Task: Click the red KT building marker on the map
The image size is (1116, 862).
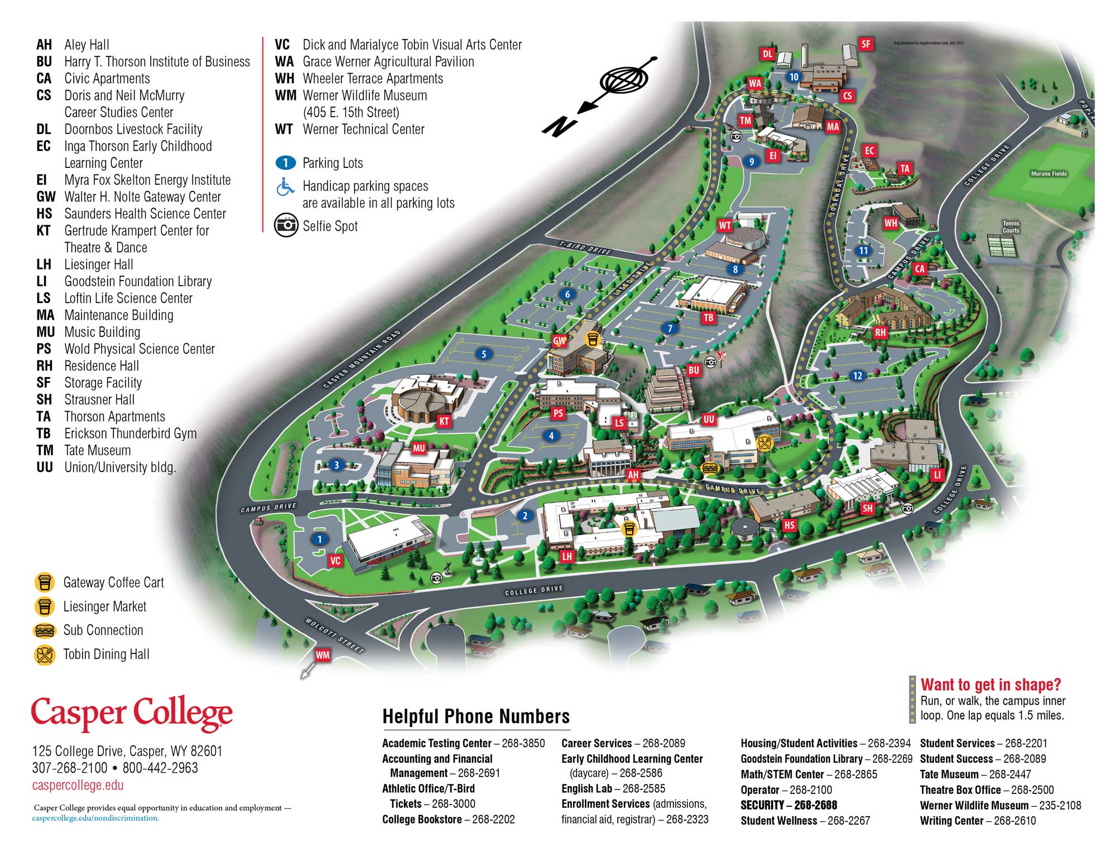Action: tap(444, 421)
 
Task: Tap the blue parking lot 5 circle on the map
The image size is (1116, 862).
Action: tap(484, 354)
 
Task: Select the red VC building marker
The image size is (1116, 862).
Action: tap(335, 560)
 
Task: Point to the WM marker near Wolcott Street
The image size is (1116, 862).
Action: tap(323, 655)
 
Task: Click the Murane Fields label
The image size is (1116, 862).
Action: tap(1048, 174)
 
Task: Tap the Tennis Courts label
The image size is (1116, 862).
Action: tap(1011, 227)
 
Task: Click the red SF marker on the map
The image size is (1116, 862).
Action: tap(865, 44)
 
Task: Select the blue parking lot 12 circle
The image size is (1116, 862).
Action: tap(858, 375)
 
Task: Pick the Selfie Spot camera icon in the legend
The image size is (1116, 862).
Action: tap(286, 225)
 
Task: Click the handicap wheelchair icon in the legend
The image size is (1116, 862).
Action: tap(285, 187)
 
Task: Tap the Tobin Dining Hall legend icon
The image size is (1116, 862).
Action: tap(45, 654)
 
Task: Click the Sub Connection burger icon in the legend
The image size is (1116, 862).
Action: tap(45, 630)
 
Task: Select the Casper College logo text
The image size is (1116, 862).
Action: tap(132, 713)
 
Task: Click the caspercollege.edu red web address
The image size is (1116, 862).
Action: tap(78, 785)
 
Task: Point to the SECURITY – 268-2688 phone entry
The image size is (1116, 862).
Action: tap(788, 805)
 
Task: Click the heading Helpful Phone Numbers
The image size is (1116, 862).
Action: tap(476, 716)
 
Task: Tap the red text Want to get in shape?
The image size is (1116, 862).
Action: tap(990, 685)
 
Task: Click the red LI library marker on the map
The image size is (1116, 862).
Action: tap(936, 474)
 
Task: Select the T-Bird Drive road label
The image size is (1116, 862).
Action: tap(585, 248)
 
